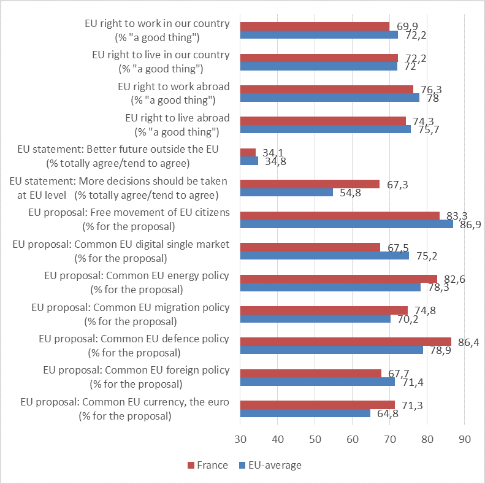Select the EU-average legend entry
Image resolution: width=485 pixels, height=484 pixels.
pos(275,465)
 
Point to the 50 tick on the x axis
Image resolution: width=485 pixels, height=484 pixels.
pos(315,439)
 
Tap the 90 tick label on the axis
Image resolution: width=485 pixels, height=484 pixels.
pos(464,439)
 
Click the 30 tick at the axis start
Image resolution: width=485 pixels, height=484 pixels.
pos(240,439)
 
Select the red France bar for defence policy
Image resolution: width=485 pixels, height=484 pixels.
pos(346,341)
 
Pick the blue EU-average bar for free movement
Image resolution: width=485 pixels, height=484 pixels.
pos(346,224)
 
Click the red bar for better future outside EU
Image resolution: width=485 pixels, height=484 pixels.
pos(248,152)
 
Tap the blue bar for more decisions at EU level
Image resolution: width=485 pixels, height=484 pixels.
pos(286,192)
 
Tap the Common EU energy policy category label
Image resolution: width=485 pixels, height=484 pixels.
pos(130,282)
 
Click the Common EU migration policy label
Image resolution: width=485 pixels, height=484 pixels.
pos(130,314)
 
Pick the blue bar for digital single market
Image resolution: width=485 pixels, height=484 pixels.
pos(324,256)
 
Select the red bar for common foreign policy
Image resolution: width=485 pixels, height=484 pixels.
pos(311,373)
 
